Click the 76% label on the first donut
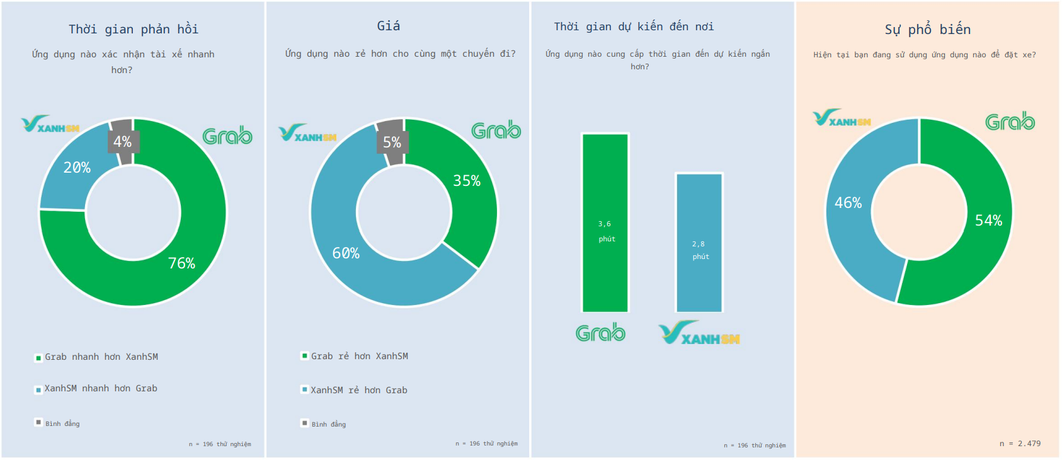coord(181,263)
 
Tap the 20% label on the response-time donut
coord(77,168)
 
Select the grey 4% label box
coord(123,142)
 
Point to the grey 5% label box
coord(392,142)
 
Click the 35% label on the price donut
coord(467,181)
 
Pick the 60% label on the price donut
coord(346,253)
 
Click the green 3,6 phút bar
coord(605,222)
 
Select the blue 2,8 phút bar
coord(699,243)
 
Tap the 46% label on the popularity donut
coord(848,203)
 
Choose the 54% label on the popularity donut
coord(988,221)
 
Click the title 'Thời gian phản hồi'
coord(134,29)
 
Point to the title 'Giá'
coord(389,26)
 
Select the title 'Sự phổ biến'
coord(928,30)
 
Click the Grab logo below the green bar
coord(600,333)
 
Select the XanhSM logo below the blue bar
coord(699,334)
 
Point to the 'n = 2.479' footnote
coord(1020,444)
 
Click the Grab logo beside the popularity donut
coord(1010,122)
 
